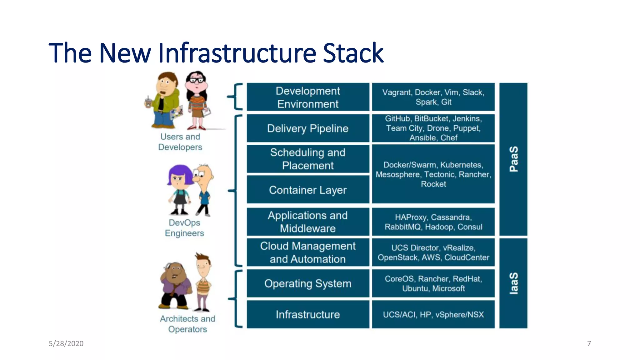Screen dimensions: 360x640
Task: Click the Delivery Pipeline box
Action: tap(308, 128)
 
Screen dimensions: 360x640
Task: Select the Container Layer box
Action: tap(308, 190)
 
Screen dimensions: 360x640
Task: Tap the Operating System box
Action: tap(308, 283)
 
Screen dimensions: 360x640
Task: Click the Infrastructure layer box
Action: tap(308, 314)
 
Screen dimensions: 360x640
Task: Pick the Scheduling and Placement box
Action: tap(308, 159)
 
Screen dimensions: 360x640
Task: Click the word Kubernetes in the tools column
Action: tap(461, 165)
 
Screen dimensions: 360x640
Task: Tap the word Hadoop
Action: tap(439, 227)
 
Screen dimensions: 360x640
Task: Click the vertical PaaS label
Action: tap(514, 159)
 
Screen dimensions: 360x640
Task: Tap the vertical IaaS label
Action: tap(514, 283)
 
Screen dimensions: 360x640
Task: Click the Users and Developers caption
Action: tap(180, 142)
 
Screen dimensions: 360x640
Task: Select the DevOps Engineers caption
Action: tap(184, 228)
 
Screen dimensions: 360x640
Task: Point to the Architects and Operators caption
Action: tap(187, 324)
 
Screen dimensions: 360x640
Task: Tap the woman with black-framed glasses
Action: tap(197, 100)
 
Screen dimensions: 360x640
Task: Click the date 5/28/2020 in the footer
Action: tap(66, 343)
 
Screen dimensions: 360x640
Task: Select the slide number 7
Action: tap(589, 343)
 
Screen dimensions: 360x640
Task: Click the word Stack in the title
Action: tap(353, 53)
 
